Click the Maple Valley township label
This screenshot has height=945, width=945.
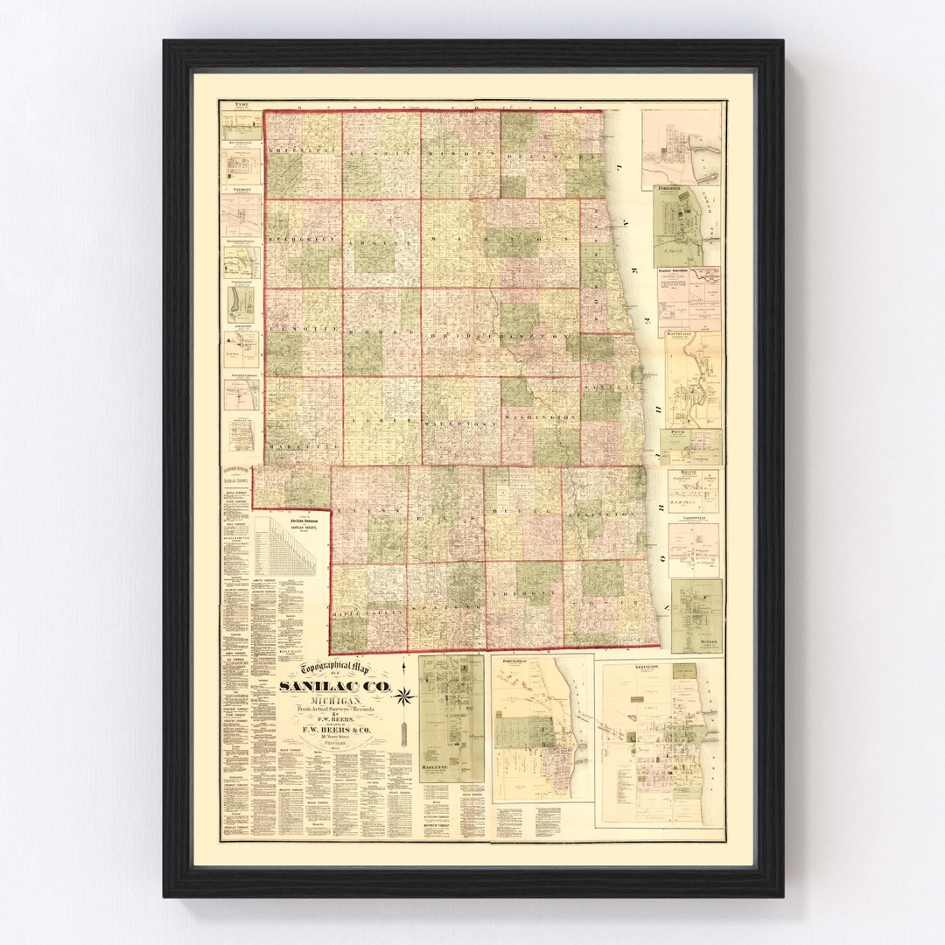368,613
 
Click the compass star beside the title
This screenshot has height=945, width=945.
403,696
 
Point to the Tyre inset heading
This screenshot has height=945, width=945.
241,105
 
